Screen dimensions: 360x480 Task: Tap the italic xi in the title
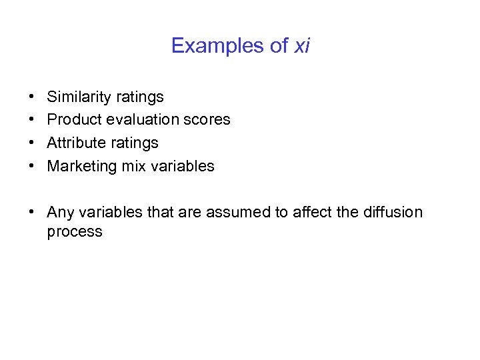(x=302, y=46)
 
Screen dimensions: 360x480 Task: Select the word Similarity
(x=79, y=97)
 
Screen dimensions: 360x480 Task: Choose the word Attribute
(x=75, y=143)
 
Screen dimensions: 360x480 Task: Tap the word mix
(x=132, y=166)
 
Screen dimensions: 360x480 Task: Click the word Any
(x=61, y=213)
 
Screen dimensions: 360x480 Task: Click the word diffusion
(x=393, y=213)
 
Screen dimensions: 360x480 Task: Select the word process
(x=75, y=232)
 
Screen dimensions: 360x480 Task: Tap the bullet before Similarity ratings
(x=32, y=97)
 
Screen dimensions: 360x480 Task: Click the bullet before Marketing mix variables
(x=32, y=166)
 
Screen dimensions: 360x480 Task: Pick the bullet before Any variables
(x=32, y=213)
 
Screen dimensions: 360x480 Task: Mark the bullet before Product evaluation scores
(x=32, y=120)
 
